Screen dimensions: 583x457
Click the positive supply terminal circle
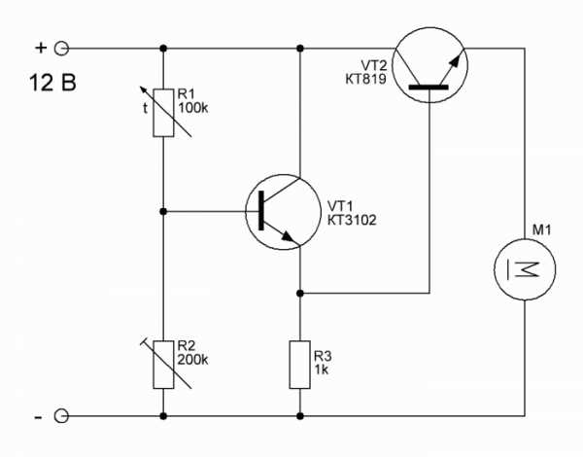pyautogui.click(x=62, y=49)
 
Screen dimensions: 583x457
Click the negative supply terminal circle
pyautogui.click(x=61, y=416)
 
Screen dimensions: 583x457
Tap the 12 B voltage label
pyautogui.click(x=52, y=83)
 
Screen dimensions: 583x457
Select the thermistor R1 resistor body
pyautogui.click(x=163, y=113)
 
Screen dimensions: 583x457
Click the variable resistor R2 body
pyautogui.click(x=163, y=365)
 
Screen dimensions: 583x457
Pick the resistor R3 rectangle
pyautogui.click(x=300, y=365)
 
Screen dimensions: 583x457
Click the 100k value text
pyautogui.click(x=193, y=108)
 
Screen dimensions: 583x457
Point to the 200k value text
pyautogui.click(x=193, y=360)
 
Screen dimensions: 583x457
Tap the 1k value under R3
pyautogui.click(x=322, y=369)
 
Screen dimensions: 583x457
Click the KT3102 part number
pyautogui.click(x=352, y=220)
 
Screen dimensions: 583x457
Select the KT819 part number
pyautogui.click(x=366, y=80)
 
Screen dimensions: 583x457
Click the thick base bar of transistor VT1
pyautogui.click(x=261, y=211)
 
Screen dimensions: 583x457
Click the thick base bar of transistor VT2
pyautogui.click(x=429, y=88)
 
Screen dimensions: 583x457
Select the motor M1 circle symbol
pyautogui.click(x=525, y=269)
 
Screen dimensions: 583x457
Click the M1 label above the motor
pyautogui.click(x=542, y=230)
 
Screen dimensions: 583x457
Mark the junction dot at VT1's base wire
pyautogui.click(x=163, y=211)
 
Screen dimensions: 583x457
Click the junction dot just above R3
pyautogui.click(x=300, y=294)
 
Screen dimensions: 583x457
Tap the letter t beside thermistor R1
pyautogui.click(x=146, y=108)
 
